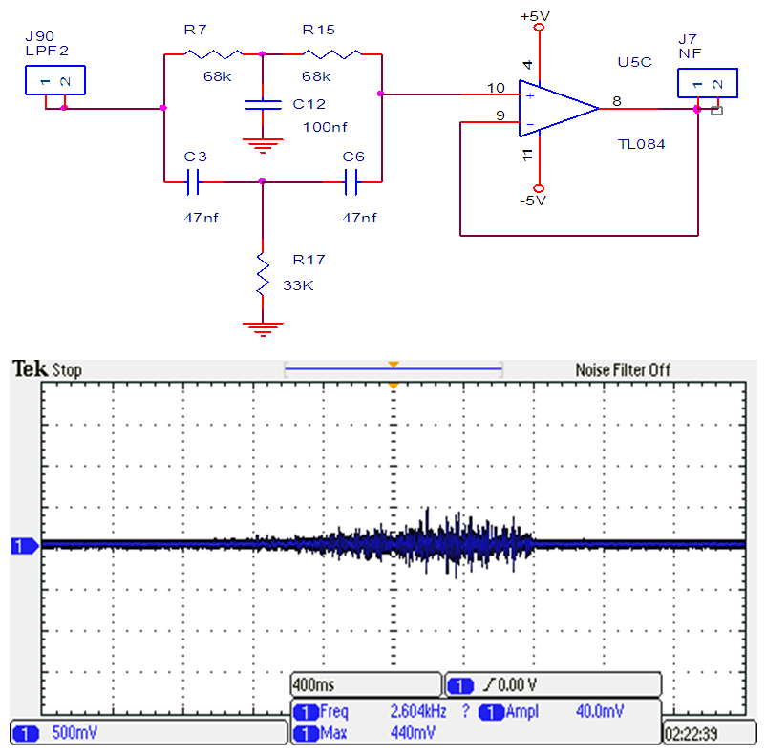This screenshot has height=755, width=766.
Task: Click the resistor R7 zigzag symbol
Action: [x=212, y=54]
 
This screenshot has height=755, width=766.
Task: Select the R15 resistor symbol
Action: [x=331, y=54]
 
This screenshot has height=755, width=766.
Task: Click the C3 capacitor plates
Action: [x=194, y=180]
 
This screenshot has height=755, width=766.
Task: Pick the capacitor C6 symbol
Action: [x=351, y=180]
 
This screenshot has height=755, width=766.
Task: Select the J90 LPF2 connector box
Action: [x=55, y=80]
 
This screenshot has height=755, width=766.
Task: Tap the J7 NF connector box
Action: [x=708, y=83]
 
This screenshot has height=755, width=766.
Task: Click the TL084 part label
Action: [x=641, y=144]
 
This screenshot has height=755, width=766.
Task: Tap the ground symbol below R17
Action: [x=261, y=328]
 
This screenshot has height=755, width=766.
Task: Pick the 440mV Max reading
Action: [x=414, y=733]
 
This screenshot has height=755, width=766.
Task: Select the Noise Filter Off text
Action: [x=623, y=369]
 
